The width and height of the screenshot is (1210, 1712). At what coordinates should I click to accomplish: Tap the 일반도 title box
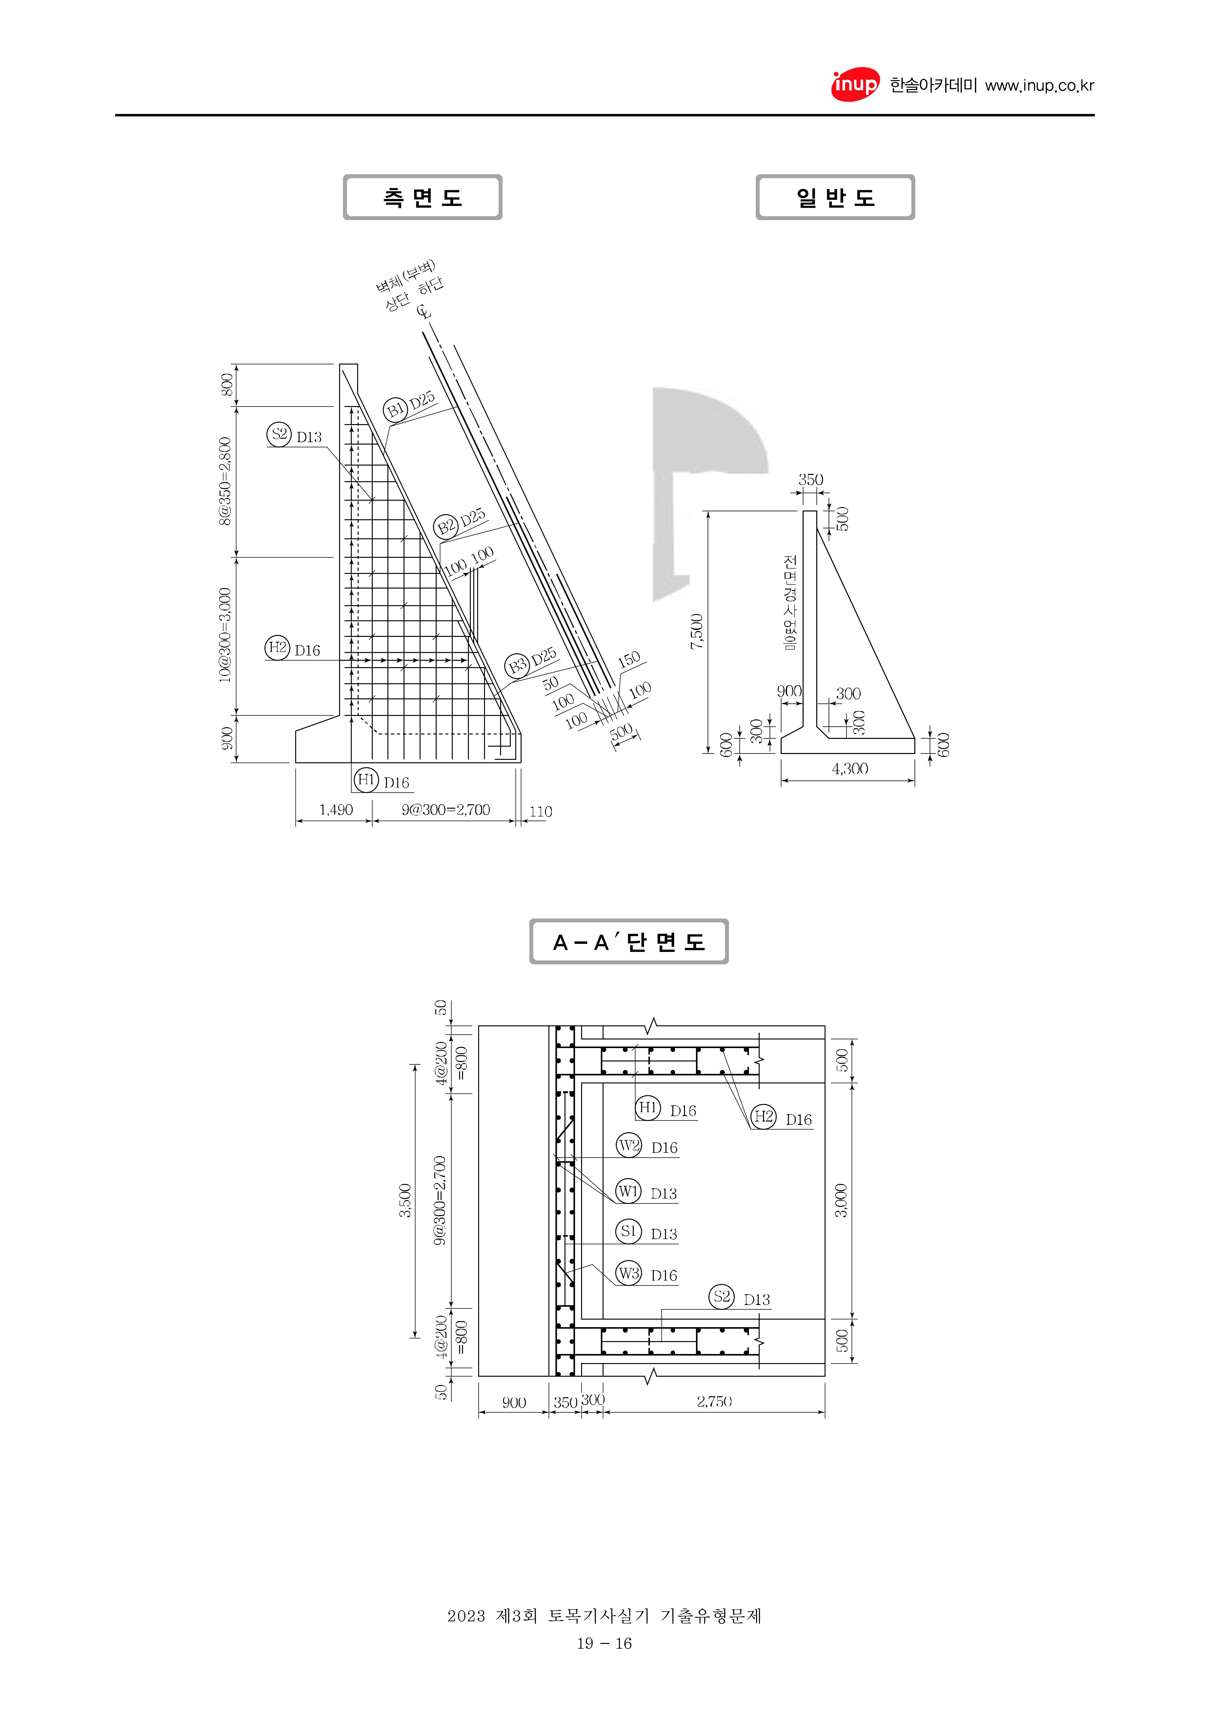click(x=835, y=197)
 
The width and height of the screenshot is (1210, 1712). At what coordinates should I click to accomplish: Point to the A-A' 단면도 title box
click(x=628, y=941)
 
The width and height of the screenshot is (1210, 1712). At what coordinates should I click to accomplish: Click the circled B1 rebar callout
click(x=395, y=409)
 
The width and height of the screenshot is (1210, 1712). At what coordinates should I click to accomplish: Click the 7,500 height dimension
click(x=696, y=631)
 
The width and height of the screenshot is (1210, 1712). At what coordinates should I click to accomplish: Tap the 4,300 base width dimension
click(x=850, y=768)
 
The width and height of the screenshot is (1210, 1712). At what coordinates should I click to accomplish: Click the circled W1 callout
click(x=628, y=1191)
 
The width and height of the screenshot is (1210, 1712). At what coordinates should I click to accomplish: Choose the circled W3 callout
click(x=628, y=1273)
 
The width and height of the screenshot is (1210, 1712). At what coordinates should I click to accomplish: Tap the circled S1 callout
click(x=628, y=1231)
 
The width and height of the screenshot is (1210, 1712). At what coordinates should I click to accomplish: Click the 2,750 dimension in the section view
click(x=714, y=1401)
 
